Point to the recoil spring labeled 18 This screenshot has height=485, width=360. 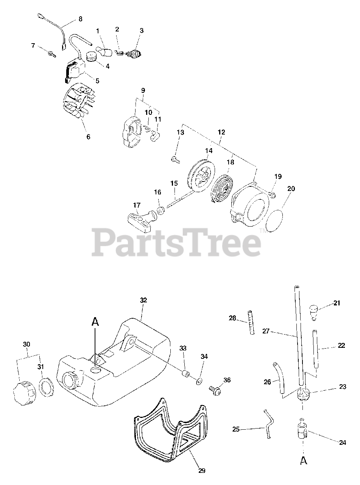tap(222, 187)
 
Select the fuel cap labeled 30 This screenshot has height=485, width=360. tap(24, 390)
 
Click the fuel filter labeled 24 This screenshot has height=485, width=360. tap(303, 430)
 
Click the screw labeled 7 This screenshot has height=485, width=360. tap(51, 54)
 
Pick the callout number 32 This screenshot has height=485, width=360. tap(143, 300)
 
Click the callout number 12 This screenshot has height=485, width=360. tap(221, 132)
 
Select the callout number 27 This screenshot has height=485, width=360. tap(266, 331)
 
